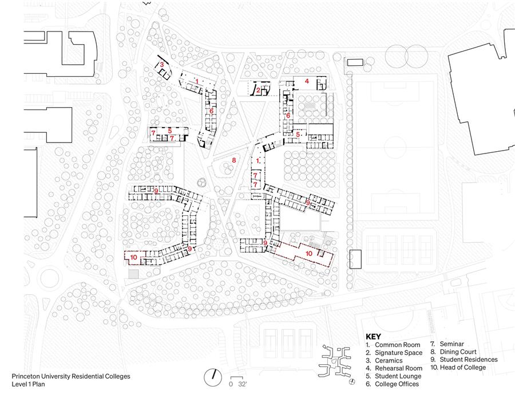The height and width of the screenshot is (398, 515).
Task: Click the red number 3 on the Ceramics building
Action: pos(161,65)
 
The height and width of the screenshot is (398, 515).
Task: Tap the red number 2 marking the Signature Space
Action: pos(259,90)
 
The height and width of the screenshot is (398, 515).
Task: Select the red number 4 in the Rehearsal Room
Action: pos(307,81)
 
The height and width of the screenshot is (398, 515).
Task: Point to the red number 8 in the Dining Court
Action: pos(234,160)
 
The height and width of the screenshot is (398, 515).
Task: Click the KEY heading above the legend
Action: pos(374,337)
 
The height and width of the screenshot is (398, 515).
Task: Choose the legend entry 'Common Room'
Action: pos(398,345)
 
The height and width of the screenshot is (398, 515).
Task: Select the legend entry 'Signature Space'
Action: pos(398,353)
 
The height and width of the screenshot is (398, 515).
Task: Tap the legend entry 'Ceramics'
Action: pos(389,361)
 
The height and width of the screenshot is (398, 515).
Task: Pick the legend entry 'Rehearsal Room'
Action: pos(398,368)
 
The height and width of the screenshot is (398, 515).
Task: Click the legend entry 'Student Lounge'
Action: pos(398,376)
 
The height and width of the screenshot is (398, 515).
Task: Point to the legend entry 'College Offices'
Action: pos(397,384)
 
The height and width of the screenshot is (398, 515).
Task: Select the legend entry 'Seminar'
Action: pos(452,344)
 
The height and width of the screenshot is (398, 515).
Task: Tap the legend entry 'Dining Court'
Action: pos(458,352)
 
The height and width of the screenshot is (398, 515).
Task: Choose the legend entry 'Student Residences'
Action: pos(469,360)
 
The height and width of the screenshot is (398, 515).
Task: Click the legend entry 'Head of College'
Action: pos(463,368)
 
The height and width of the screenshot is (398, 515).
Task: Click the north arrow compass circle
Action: pos(213,377)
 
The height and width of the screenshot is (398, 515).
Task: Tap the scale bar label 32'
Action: pos(242,384)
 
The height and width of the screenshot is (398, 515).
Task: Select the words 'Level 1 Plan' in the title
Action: pos(28,384)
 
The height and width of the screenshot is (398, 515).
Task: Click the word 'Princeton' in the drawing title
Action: pos(26,376)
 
